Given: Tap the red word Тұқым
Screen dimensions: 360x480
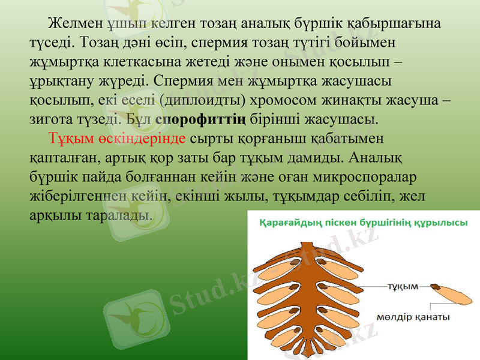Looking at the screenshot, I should tap(68, 137).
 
